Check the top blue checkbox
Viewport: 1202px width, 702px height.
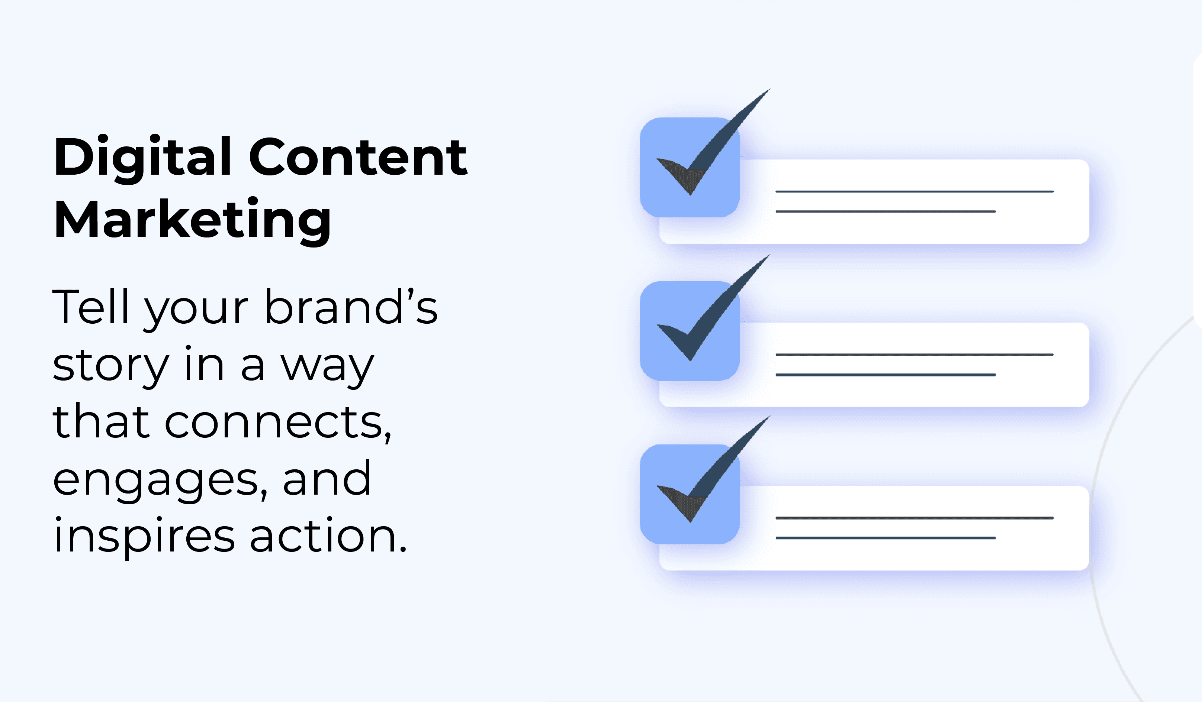[x=690, y=167]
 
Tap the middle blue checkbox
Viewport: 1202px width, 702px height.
[x=690, y=331]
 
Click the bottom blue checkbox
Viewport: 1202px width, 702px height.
[x=690, y=494]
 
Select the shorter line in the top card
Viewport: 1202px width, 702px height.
[x=886, y=211]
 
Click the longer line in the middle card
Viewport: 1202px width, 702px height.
[x=915, y=355]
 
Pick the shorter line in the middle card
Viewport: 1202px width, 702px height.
[x=886, y=375]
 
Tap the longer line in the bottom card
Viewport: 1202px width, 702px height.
[x=915, y=518]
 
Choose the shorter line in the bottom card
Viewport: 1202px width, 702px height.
[x=886, y=538]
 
